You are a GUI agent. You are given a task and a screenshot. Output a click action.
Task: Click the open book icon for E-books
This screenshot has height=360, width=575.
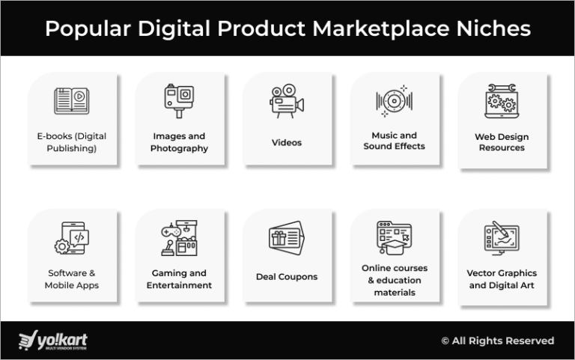point(72,101)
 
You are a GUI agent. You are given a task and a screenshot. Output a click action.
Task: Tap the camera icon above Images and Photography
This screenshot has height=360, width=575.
point(179,101)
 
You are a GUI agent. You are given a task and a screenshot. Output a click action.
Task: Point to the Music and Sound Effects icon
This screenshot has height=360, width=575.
point(395,101)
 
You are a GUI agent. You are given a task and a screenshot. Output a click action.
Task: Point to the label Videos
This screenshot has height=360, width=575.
point(287,142)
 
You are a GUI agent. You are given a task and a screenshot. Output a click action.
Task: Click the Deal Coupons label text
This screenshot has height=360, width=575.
point(287,277)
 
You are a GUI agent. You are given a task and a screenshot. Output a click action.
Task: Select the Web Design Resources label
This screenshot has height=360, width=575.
point(502,142)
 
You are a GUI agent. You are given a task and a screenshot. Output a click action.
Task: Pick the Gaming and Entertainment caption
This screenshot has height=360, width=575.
point(179,279)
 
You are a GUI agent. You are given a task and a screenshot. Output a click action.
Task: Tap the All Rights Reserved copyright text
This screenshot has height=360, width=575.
point(498,341)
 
